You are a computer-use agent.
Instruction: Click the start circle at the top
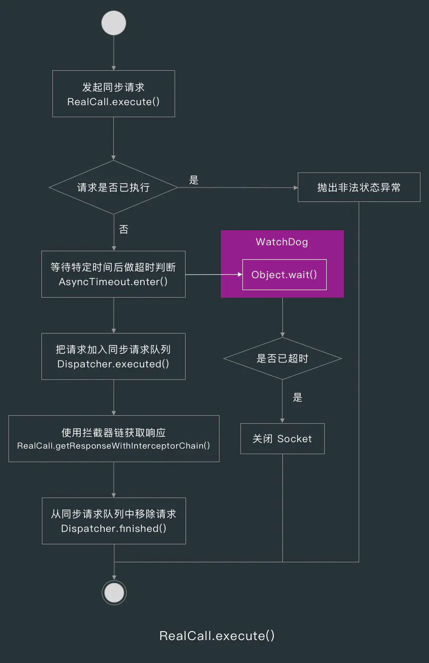(114, 23)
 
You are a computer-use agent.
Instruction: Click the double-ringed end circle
(114, 593)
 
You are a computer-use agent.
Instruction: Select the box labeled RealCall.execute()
(114, 94)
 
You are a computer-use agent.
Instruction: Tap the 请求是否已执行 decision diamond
(114, 187)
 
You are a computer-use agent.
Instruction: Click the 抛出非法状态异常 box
(359, 187)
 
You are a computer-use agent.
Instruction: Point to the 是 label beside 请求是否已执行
(194, 180)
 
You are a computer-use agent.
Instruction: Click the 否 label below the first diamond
(123, 229)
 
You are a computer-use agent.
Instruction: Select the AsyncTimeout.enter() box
(113, 274)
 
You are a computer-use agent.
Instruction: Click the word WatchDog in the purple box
(282, 242)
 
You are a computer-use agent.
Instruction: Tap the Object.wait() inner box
(284, 275)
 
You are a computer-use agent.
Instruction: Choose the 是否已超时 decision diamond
(282, 358)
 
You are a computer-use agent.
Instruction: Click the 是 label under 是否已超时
(298, 397)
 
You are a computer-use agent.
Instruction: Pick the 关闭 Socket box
(282, 439)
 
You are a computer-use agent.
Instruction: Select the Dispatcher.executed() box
(113, 356)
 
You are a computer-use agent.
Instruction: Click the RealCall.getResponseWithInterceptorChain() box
(114, 439)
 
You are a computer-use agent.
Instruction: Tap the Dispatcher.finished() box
(114, 521)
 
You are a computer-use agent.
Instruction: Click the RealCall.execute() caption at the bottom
(217, 636)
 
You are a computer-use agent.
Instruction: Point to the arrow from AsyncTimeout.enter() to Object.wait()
(214, 274)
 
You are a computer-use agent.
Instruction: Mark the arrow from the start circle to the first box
(114, 53)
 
